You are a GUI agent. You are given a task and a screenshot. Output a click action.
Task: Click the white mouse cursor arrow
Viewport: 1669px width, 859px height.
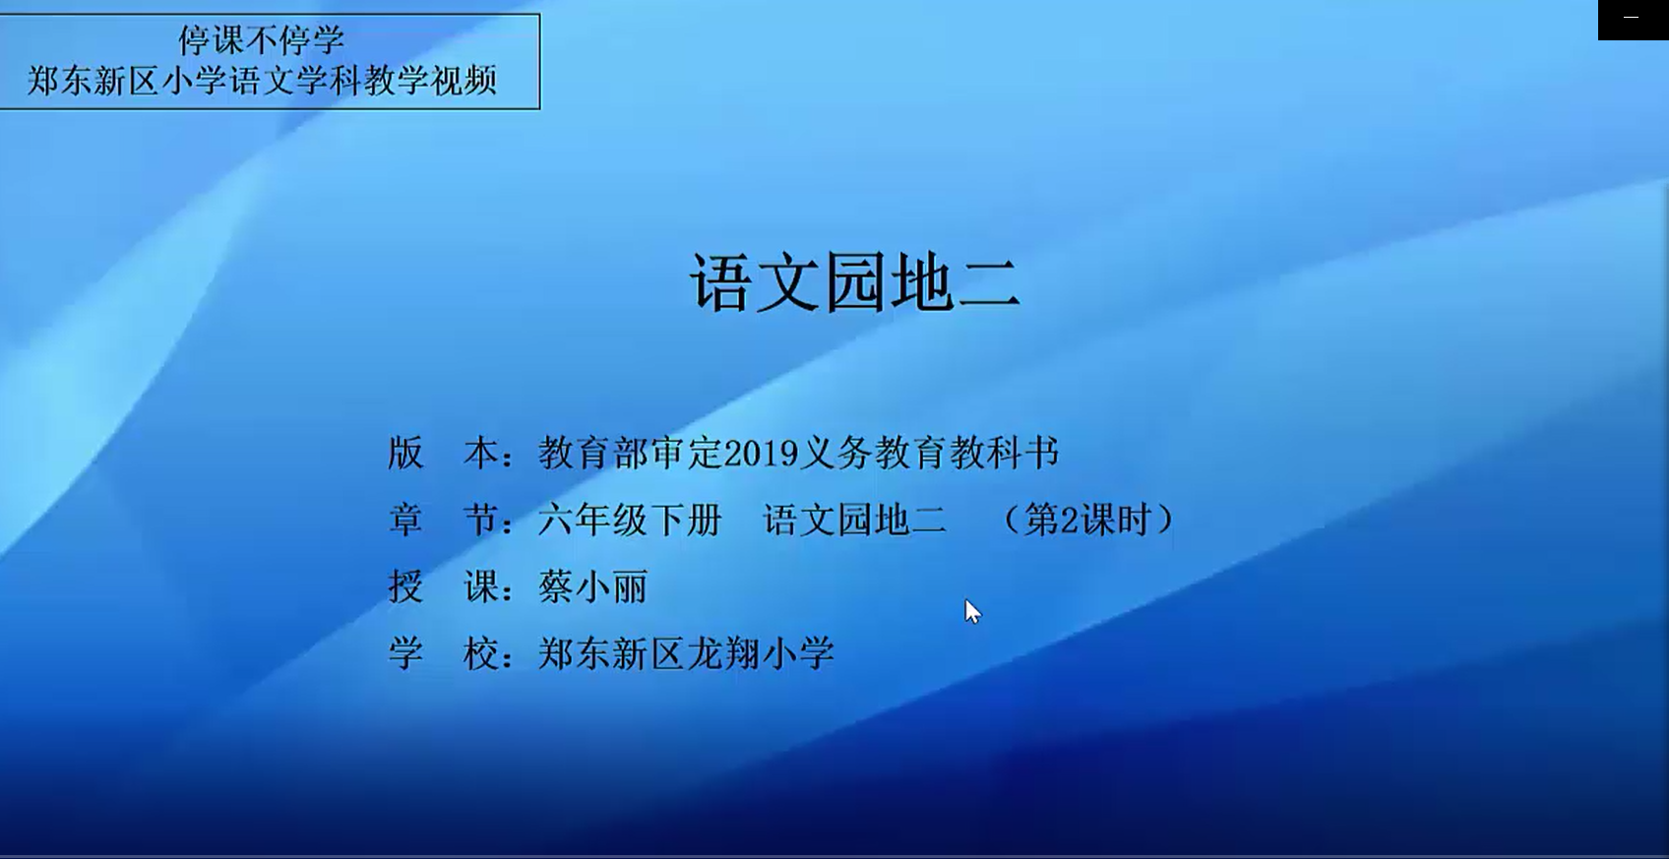[x=972, y=612]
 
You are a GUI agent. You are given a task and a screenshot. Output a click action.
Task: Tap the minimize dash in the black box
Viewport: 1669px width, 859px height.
[x=1631, y=17]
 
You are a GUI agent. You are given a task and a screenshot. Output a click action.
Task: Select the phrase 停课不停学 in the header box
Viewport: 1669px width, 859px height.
[x=261, y=39]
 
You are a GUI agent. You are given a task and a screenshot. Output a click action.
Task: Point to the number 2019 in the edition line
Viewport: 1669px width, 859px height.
[x=761, y=453]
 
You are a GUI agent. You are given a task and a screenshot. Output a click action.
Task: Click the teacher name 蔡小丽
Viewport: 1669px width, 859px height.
[x=593, y=587]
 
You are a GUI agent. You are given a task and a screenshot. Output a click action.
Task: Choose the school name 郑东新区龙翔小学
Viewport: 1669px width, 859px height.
[x=686, y=654]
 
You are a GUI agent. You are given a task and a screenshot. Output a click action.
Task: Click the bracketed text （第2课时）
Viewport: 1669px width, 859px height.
[x=1087, y=520]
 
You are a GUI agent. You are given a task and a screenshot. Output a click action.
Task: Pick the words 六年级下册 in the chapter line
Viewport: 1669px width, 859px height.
[x=630, y=520]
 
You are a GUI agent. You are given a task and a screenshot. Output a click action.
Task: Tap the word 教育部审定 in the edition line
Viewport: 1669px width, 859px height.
[x=631, y=453]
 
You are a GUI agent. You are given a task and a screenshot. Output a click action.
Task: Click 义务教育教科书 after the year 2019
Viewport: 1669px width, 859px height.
[x=929, y=453]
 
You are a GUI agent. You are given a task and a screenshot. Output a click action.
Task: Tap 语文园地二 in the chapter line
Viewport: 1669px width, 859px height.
[x=854, y=520]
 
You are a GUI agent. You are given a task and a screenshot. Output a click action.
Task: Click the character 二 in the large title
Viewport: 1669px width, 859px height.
[x=989, y=283]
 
